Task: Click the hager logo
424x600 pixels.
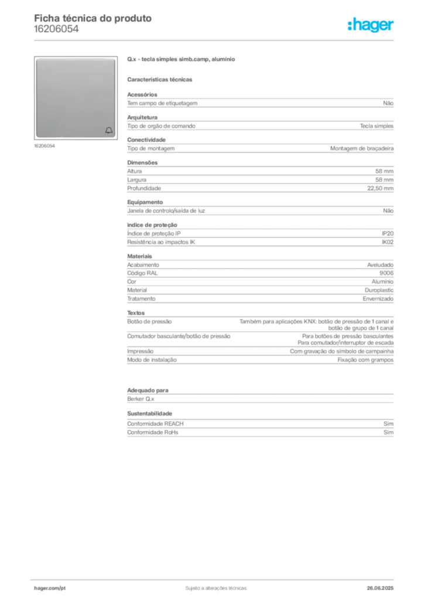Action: (371, 25)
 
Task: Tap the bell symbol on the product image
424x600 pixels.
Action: (109, 131)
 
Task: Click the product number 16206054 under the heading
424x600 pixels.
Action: (56, 29)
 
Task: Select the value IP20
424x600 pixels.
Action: (388, 233)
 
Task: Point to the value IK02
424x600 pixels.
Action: (388, 242)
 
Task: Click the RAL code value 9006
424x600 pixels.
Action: (387, 273)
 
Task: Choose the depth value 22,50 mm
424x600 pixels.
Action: (381, 188)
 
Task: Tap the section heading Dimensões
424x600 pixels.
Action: (142, 163)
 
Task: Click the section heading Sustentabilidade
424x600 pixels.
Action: (149, 413)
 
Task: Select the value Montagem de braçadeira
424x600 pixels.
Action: (362, 148)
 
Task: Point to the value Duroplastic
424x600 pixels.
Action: (379, 290)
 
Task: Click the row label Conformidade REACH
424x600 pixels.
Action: (155, 424)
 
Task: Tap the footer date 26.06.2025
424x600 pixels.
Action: (380, 588)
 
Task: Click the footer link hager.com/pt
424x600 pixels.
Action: (50, 588)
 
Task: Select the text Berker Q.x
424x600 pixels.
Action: (141, 398)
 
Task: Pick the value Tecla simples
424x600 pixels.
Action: (377, 126)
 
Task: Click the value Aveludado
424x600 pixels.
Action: (381, 265)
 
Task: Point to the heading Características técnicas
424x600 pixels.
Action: (160, 80)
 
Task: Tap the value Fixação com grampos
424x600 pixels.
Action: (365, 360)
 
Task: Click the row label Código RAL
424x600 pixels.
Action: (142, 273)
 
